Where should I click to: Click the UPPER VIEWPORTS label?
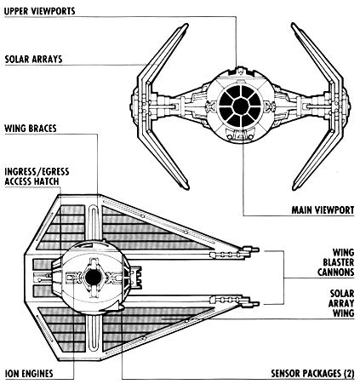[x=40, y=11]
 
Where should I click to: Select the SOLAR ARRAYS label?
[x=33, y=60]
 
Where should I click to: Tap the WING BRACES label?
[x=31, y=129]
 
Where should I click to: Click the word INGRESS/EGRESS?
[x=37, y=172]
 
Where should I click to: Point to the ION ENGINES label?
[x=29, y=374]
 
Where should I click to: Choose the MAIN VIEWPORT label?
[x=323, y=210]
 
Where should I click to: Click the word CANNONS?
[x=336, y=272]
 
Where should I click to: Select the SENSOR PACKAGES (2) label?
[x=312, y=374]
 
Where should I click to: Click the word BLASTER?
[x=339, y=262]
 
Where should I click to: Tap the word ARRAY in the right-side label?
[x=341, y=303]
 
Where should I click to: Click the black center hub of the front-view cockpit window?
[x=240, y=106]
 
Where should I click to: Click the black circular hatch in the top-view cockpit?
[x=93, y=278]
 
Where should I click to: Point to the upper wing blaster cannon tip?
[x=259, y=249]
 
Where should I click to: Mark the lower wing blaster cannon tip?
[x=259, y=304]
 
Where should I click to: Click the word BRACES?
[x=43, y=129]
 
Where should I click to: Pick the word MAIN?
[x=302, y=210]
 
